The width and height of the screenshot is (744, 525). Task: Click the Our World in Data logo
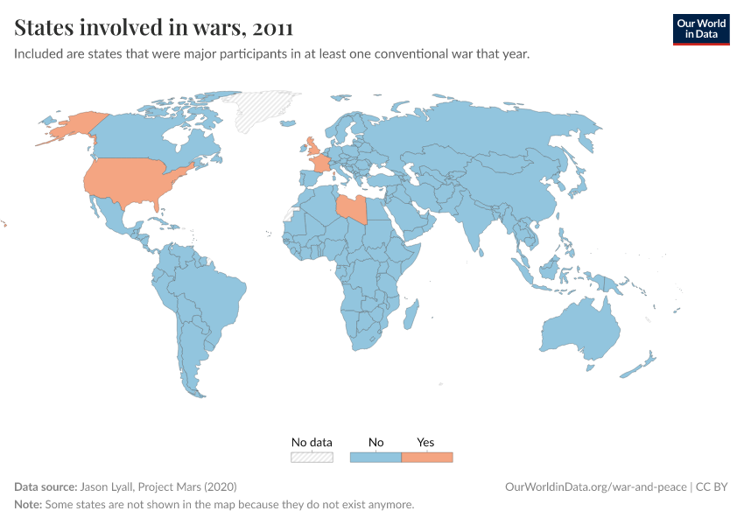[700, 29]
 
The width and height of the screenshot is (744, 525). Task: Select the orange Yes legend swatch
[426, 457]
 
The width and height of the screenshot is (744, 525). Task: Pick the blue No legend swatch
[376, 457]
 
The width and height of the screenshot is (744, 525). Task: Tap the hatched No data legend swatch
[312, 457]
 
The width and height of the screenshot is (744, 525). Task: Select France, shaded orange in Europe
[322, 164]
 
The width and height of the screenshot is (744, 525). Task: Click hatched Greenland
[263, 109]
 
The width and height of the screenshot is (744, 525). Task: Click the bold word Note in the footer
[28, 505]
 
